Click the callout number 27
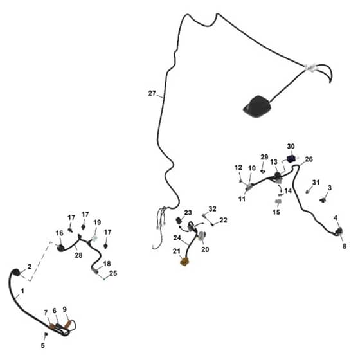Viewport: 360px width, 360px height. [x=152, y=93]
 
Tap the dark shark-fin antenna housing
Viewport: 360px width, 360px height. [x=257, y=107]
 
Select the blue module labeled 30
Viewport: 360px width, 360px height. [x=291, y=158]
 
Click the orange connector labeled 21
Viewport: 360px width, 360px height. [x=184, y=262]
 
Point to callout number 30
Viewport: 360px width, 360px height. [x=291, y=147]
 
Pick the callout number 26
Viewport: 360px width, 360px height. [x=309, y=159]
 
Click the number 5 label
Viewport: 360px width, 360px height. [x=43, y=345]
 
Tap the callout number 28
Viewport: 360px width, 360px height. [x=78, y=255]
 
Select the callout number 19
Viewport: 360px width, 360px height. [x=97, y=222]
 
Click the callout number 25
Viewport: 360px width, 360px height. [x=113, y=273]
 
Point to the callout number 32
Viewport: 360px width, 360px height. [x=212, y=209]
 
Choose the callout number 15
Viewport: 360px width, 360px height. [x=276, y=212]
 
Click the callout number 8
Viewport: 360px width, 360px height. [x=345, y=246]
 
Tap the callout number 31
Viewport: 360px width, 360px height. [x=316, y=183]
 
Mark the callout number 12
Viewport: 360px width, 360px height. [x=239, y=167]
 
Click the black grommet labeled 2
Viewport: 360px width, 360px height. [x=15, y=273]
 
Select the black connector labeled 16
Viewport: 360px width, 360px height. [x=60, y=248]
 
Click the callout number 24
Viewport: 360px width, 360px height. [x=177, y=238]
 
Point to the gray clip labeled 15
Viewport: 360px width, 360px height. [x=278, y=202]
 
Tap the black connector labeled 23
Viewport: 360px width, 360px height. [x=179, y=221]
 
